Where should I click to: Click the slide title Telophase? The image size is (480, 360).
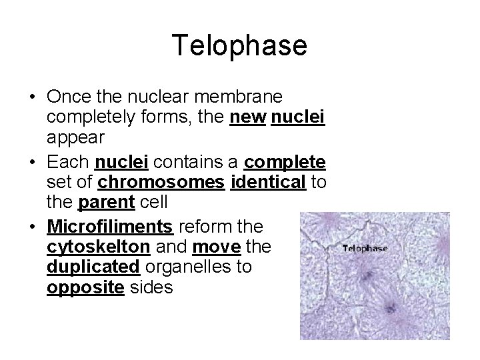(x=239, y=45)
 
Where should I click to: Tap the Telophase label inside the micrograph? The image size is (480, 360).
(x=365, y=248)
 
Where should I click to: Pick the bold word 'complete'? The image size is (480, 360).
(x=285, y=162)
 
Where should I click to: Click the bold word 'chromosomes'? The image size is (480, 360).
(x=160, y=181)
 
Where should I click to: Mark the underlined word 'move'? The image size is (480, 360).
(x=216, y=247)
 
